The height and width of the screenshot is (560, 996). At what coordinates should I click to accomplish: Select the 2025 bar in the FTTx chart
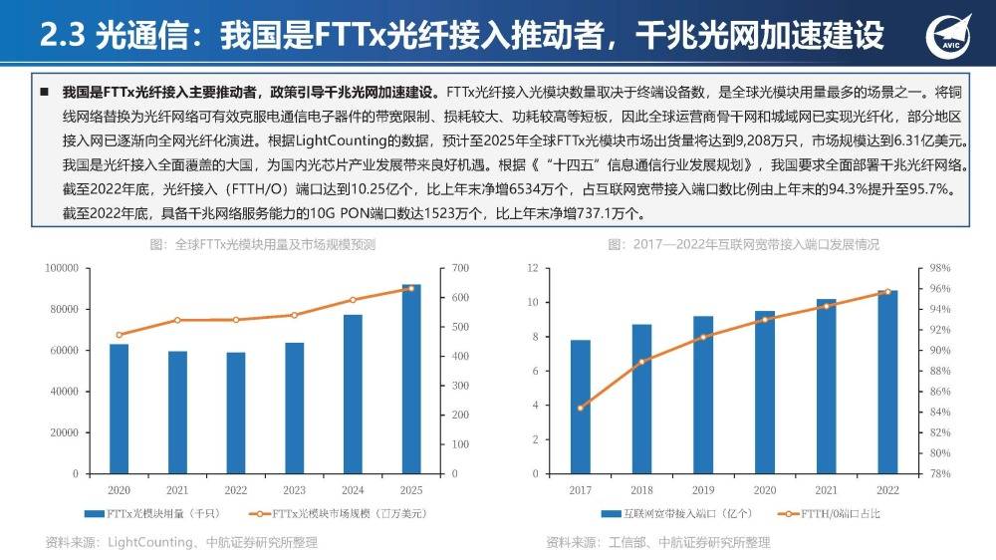[411, 379]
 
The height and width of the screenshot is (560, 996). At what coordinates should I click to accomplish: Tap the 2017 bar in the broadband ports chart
[581, 407]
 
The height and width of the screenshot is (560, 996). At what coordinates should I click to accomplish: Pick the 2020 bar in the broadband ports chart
[765, 393]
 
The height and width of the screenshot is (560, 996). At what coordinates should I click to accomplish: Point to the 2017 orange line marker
[581, 408]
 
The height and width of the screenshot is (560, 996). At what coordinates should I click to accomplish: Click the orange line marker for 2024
[353, 300]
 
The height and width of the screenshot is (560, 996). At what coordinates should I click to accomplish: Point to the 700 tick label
[457, 268]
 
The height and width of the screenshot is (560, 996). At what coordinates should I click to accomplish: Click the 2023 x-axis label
[294, 490]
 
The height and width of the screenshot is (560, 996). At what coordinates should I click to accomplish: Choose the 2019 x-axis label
[703, 490]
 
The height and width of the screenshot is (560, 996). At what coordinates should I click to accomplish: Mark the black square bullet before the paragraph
[45, 91]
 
